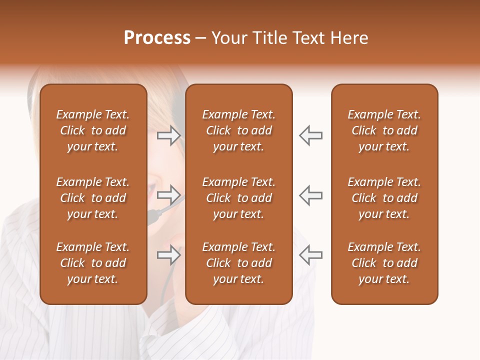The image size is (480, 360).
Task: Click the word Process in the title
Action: click(157, 38)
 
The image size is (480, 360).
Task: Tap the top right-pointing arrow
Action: click(168, 135)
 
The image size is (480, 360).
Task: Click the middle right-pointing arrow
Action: click(168, 194)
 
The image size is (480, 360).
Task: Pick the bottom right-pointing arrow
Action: click(168, 255)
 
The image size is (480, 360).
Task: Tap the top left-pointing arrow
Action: click(310, 135)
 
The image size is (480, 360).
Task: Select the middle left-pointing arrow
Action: click(310, 195)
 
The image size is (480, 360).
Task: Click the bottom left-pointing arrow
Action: click(310, 255)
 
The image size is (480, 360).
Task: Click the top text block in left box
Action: click(93, 130)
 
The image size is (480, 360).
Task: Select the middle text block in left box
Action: click(93, 198)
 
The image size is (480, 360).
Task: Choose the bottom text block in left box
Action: click(93, 263)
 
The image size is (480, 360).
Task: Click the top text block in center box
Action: click(238, 130)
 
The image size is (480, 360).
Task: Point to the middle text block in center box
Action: click(238, 198)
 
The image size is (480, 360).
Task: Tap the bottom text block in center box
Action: click(238, 263)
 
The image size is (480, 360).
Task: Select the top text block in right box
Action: click(384, 130)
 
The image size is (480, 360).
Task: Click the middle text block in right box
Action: click(384, 198)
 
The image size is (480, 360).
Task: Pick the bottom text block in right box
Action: click(384, 263)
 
